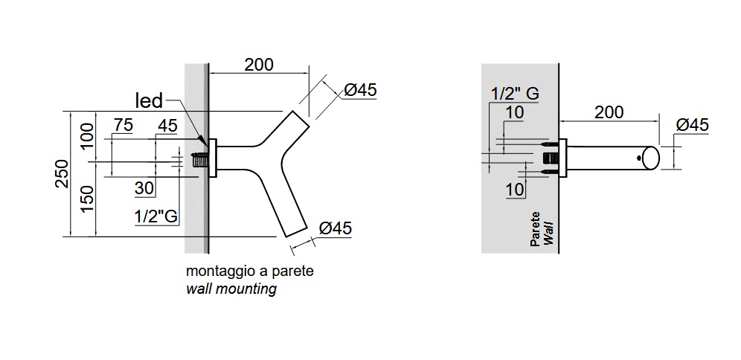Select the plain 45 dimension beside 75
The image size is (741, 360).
point(167,126)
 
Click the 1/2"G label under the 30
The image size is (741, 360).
point(155,216)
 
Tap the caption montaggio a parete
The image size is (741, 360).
point(249,271)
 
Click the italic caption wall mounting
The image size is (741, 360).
point(231,289)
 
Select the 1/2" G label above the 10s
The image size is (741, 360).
point(514,94)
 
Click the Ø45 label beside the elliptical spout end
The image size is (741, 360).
point(692,125)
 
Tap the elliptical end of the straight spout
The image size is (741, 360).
point(650,157)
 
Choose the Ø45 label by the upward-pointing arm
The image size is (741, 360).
point(360,90)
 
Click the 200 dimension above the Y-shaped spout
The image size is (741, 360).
point(259,64)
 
